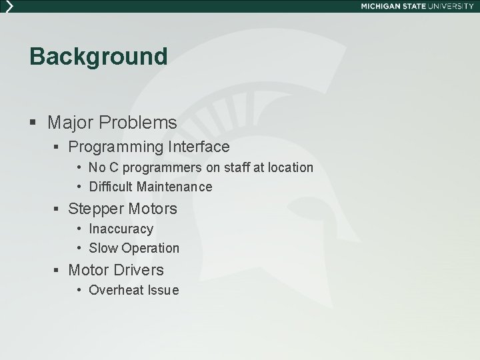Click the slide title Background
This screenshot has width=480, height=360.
point(98,57)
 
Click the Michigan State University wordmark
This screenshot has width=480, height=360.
point(417,6)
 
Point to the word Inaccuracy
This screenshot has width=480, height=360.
point(121,229)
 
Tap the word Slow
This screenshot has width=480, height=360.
point(102,248)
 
